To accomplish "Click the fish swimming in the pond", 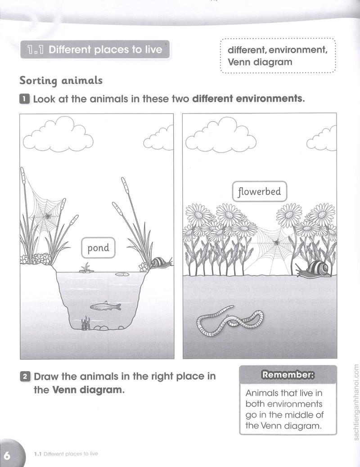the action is coord(105,306).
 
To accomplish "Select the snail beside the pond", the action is coord(161,262).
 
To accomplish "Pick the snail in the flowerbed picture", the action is coord(315,268).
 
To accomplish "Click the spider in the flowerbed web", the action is coord(276,242).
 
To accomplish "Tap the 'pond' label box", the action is coord(98,247).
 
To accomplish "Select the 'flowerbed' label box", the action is coord(259,191).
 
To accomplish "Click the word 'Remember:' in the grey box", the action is coord(288,375).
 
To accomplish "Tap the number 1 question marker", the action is coord(24,99).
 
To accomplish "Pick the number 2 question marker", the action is coord(25,377).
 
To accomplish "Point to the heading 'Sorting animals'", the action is coord(61,81).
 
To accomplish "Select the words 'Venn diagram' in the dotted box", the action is coord(260,62).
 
